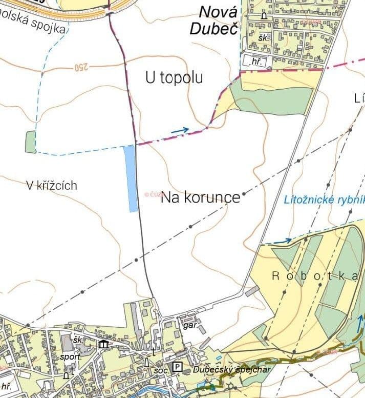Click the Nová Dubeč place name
214,19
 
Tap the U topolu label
174,77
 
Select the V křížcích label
51,185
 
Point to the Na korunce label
201,198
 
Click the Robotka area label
314,276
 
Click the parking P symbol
177,367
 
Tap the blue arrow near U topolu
180,130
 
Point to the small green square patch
31,142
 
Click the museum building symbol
103,344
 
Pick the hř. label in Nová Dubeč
256,62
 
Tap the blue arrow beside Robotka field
283,240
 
